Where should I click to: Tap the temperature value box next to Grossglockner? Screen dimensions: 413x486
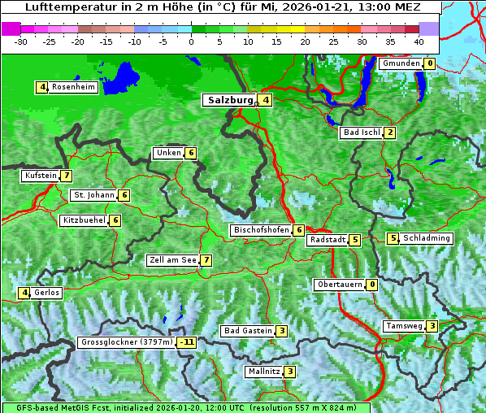click(188, 342)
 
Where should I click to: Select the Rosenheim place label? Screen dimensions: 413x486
click(73, 87)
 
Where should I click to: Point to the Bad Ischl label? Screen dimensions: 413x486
click(362, 133)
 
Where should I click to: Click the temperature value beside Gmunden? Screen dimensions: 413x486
click(429, 63)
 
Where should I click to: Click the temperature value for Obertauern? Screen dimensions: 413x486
click(371, 285)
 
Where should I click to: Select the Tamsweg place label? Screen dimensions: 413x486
click(404, 326)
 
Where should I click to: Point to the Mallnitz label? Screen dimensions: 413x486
click(264, 372)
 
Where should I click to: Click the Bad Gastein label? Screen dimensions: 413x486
click(248, 331)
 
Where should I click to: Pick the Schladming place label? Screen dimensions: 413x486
click(427, 238)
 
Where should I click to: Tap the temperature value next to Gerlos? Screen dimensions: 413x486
click(24, 293)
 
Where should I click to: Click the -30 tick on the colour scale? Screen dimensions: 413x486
click(21, 41)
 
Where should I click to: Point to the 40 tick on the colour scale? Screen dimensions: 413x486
click(419, 41)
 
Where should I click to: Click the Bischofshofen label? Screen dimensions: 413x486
click(261, 230)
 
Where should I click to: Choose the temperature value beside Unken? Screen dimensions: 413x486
click(190, 153)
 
